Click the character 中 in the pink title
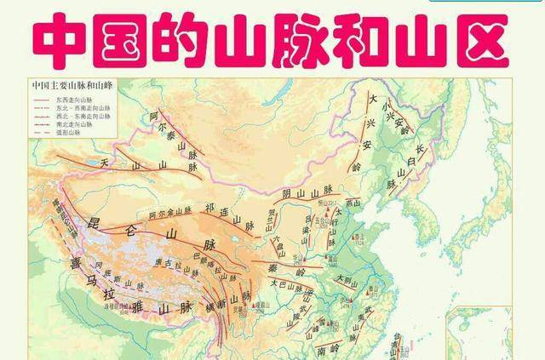coord(60,37)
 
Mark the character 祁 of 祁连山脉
coord(209,207)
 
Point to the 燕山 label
coord(354,202)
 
